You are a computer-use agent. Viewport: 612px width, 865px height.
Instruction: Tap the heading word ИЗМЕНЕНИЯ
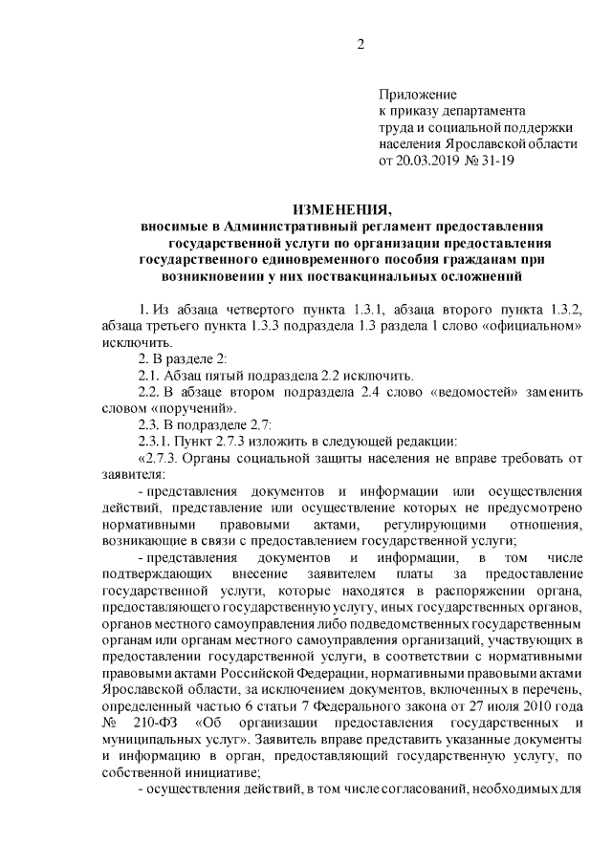coord(342,209)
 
